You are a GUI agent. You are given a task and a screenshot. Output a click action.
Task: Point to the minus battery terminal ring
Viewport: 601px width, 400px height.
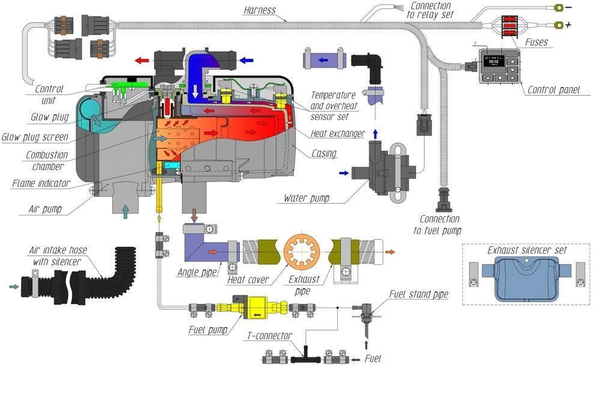click(559, 8)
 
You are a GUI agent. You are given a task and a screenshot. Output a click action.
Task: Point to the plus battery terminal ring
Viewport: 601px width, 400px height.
click(559, 25)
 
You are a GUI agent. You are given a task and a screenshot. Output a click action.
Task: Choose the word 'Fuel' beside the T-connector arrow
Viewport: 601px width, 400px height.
click(373, 359)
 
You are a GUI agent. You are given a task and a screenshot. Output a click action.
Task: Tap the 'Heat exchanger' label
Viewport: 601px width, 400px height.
click(337, 134)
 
